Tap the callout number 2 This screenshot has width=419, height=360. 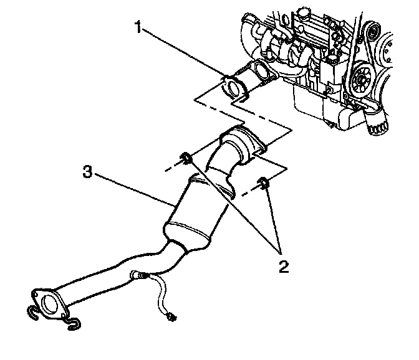click(284, 268)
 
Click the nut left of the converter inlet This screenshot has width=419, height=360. click(185, 158)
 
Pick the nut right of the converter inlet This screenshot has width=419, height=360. click(264, 182)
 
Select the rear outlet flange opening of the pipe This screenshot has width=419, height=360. click(45, 305)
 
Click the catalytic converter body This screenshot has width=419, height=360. click(193, 212)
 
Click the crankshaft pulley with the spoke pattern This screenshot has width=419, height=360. click(361, 80)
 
